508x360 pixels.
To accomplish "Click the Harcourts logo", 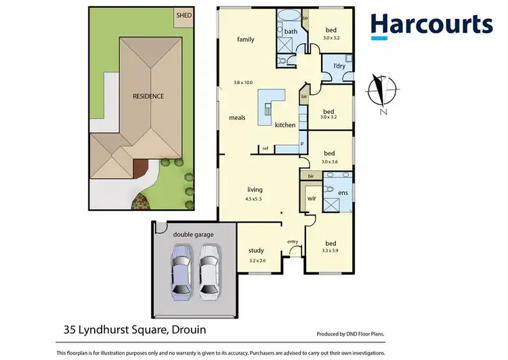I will point(431,25).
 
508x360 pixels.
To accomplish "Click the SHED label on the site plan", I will point(183,14).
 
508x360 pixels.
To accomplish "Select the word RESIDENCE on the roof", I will point(148,96).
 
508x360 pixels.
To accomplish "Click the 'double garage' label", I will point(193,234).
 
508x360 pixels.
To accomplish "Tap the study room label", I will point(256,250).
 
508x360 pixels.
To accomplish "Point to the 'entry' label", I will point(293,241).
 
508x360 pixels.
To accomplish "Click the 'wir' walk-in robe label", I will point(312,199).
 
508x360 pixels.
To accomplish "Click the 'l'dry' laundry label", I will point(337,66).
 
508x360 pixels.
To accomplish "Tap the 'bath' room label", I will point(291,32).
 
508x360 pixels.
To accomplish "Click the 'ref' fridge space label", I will point(266,148).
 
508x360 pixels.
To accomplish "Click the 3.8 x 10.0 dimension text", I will point(242,83).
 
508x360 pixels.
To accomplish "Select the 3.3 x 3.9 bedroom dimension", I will point(331,251).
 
